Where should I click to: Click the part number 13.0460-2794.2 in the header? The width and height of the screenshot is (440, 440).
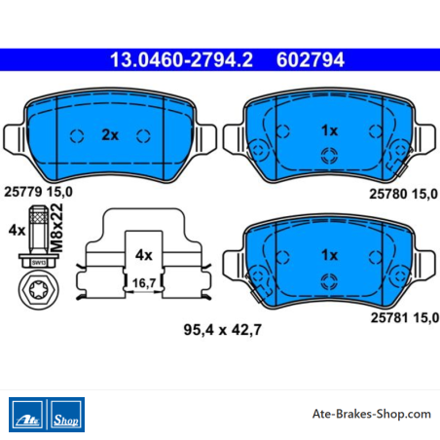(x=181, y=60)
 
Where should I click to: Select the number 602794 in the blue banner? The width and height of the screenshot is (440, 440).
(x=311, y=60)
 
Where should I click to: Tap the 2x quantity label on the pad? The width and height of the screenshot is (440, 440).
(x=110, y=135)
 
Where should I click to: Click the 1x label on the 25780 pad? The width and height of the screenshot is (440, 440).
(x=330, y=130)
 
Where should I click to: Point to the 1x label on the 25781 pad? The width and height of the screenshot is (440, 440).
(x=330, y=255)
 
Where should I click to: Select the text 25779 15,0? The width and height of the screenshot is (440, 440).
(x=38, y=192)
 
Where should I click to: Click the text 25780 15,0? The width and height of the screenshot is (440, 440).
(x=404, y=194)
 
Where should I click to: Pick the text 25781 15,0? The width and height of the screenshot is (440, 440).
(x=405, y=317)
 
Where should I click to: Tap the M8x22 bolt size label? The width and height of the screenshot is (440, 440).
(x=57, y=228)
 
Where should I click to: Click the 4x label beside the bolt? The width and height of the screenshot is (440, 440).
(x=17, y=231)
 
